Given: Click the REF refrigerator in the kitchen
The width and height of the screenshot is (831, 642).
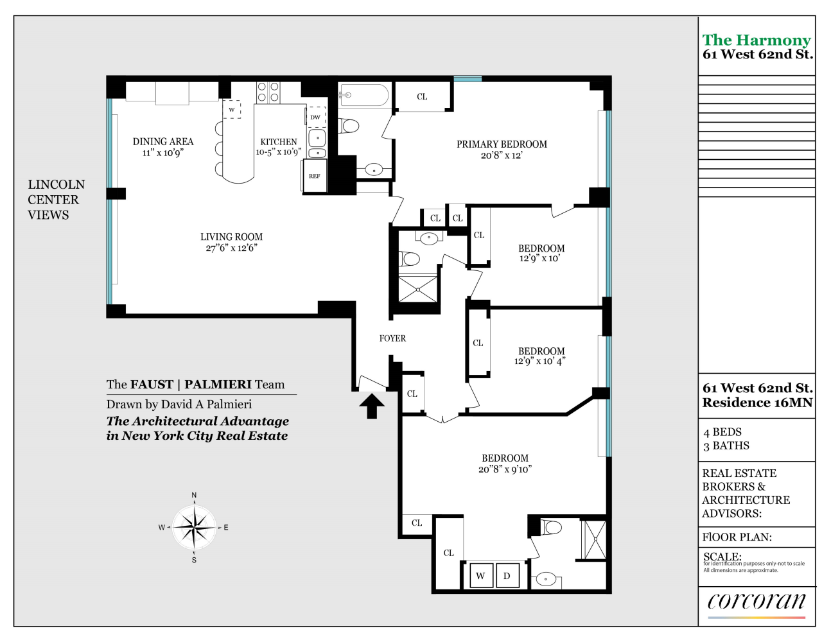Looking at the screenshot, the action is (314, 176).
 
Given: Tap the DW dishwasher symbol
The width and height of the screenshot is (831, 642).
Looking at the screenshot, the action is (316, 117).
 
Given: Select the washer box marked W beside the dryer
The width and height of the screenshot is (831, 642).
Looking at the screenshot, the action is (481, 576).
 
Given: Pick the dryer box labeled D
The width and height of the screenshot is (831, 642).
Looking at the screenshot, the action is (507, 576).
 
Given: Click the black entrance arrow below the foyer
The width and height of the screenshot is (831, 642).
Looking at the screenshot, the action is (372, 406).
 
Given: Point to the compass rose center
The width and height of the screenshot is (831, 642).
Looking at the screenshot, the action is (195, 528).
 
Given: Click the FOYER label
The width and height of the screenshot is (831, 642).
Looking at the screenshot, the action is (392, 338).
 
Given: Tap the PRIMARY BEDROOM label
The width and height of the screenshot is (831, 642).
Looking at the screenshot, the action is (502, 144).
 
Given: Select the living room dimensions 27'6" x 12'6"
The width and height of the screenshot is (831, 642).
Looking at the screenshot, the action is (231, 248).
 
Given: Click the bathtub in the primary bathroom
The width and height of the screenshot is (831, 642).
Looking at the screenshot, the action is (364, 95).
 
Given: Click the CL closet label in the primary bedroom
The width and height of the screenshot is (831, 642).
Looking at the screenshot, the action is (422, 97).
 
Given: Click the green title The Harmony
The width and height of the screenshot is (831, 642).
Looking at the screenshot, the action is (757, 40).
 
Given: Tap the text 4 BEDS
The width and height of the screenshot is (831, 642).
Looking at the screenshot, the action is (722, 432).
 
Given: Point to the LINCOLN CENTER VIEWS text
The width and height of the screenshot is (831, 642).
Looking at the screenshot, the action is (56, 200).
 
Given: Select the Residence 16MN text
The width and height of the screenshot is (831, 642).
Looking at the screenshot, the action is (757, 403).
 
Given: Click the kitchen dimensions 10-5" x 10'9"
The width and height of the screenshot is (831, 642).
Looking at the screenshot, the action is (279, 152).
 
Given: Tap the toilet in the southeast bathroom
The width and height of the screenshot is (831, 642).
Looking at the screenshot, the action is (551, 527).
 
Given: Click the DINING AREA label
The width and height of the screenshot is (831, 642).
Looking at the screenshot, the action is (163, 141).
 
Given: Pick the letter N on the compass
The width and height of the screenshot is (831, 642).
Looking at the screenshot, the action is (194, 495).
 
